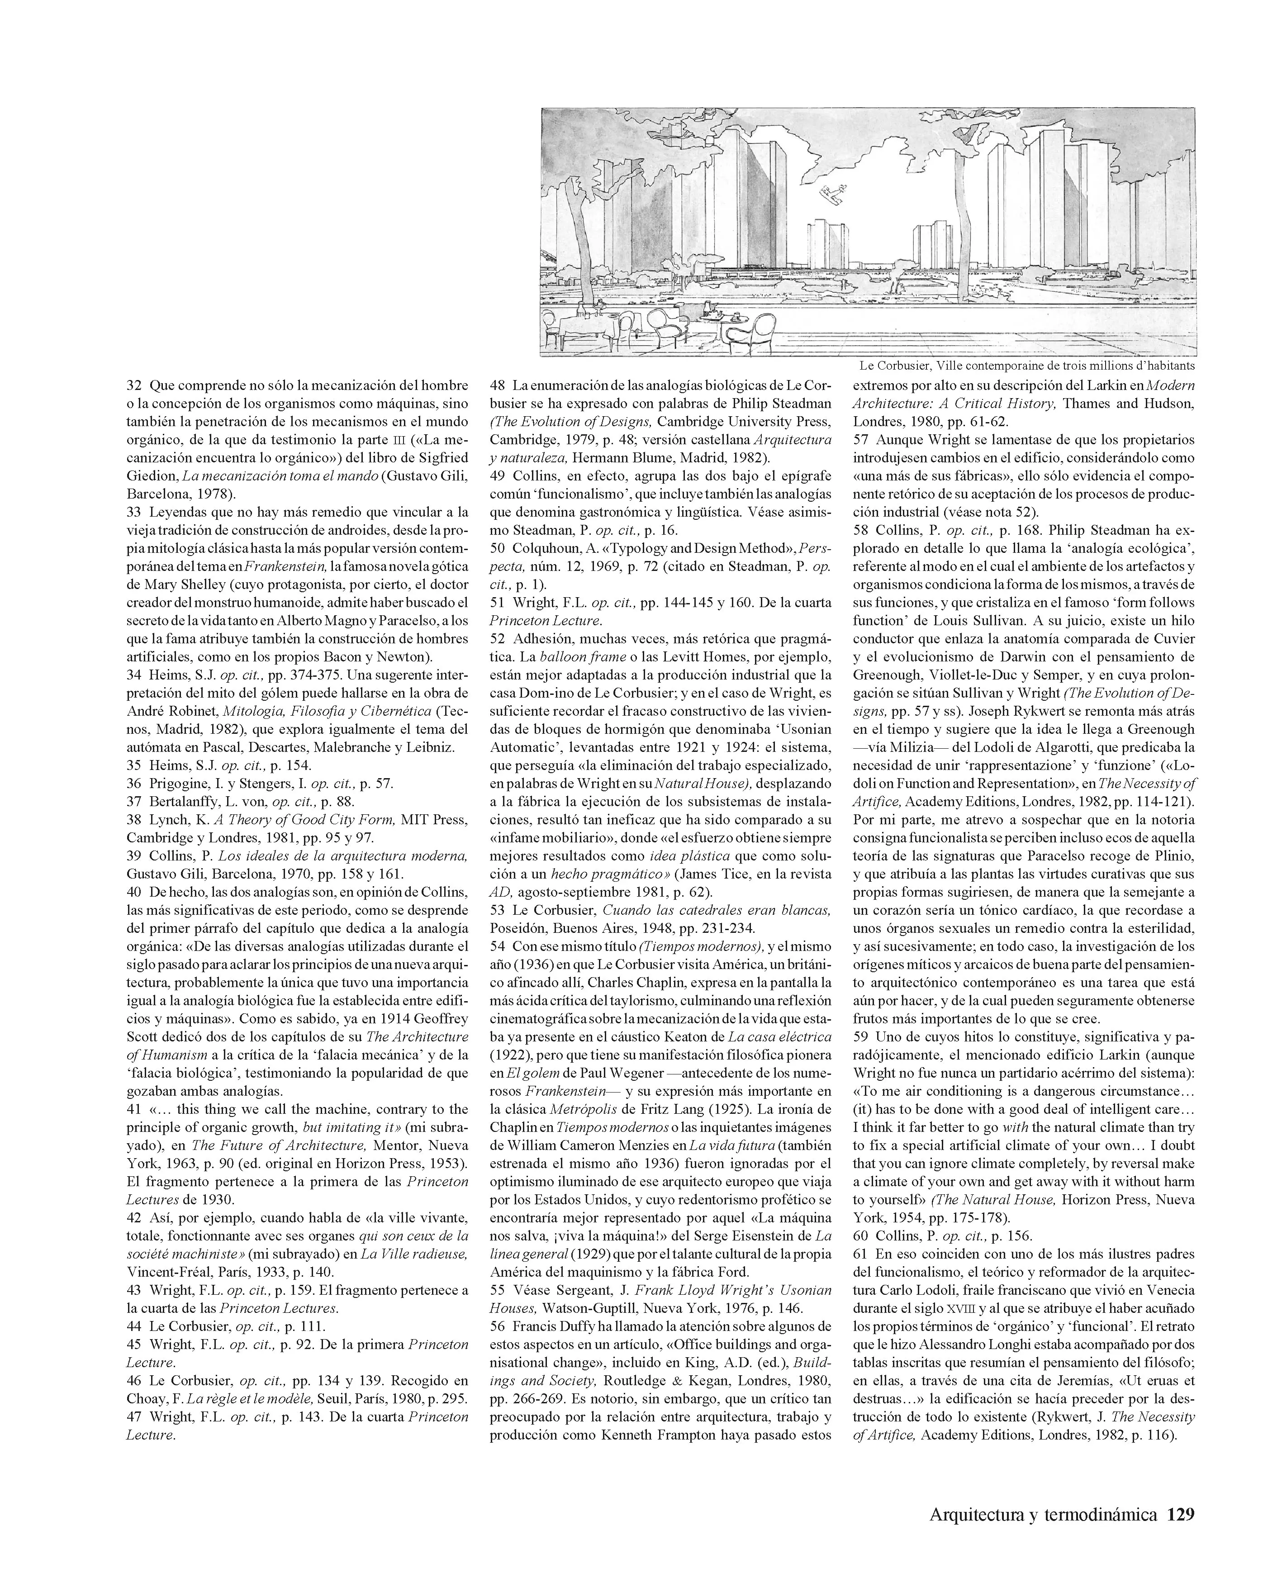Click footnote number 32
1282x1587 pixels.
[133, 385]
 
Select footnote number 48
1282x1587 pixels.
[497, 385]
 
